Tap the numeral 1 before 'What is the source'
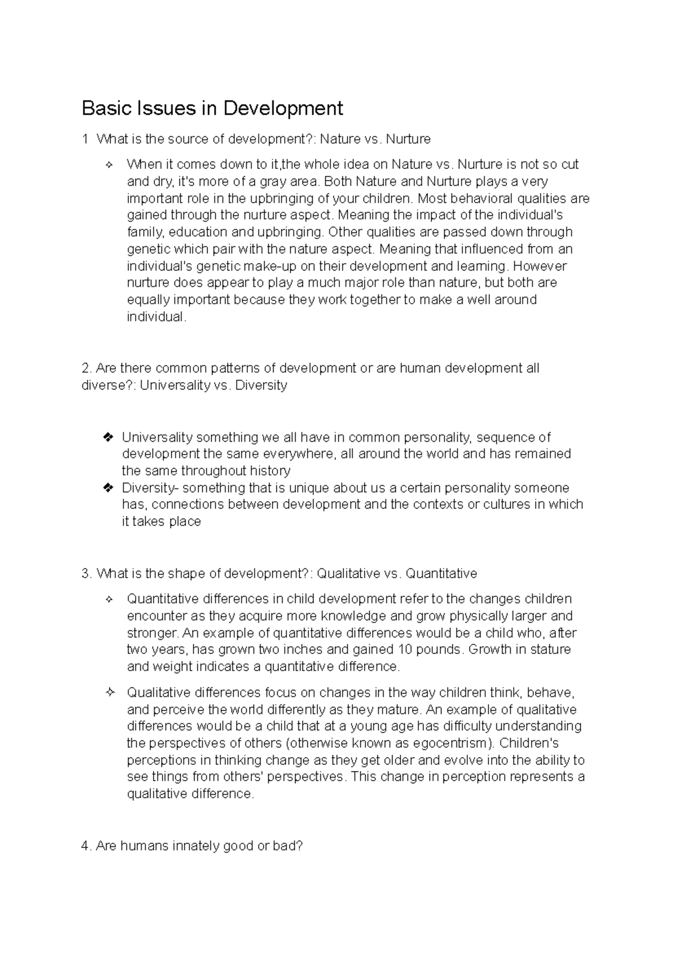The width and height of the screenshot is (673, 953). [85, 139]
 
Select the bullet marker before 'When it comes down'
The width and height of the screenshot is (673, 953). [109, 165]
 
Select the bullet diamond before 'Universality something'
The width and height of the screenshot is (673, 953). [109, 437]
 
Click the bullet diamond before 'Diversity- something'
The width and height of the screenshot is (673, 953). [109, 488]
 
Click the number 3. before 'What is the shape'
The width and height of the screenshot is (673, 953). [86, 574]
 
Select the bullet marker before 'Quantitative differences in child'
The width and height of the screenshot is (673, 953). [109, 599]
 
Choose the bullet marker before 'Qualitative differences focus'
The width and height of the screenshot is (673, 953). [109, 693]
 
